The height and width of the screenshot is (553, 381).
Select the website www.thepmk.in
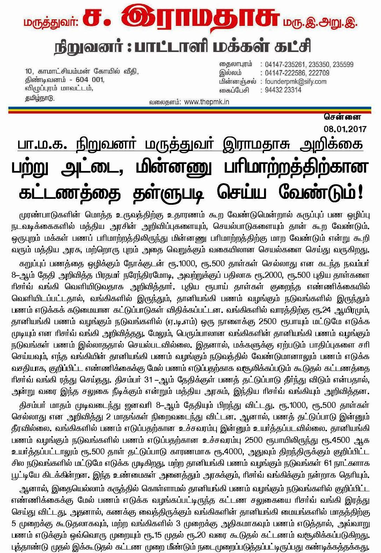pyautogui.click(x=206, y=102)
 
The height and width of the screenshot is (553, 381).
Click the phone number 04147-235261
pyautogui.click(x=285, y=65)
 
